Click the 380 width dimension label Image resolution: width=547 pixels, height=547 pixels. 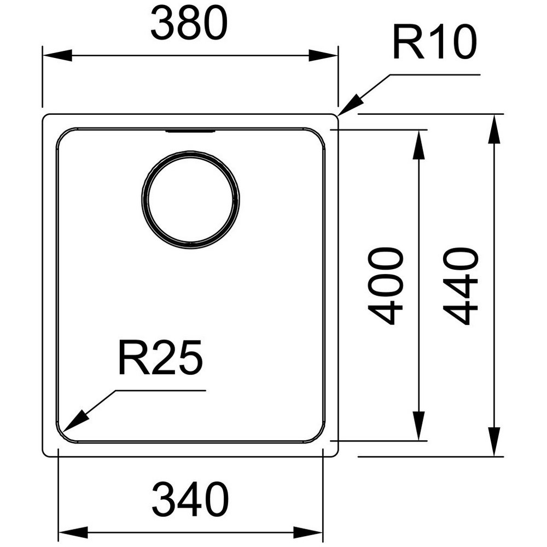coord(189,24)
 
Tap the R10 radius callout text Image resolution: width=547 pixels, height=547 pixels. coord(434,43)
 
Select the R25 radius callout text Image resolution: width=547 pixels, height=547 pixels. coord(160,358)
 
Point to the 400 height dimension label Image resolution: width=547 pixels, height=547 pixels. coord(386,286)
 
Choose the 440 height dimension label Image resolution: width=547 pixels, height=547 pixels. coord(461,286)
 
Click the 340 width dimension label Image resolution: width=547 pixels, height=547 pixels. coord(190,499)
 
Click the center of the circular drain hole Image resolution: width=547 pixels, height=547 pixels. coord(190,200)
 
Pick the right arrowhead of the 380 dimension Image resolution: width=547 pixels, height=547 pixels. coord(323,55)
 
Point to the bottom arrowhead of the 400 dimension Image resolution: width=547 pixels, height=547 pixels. coord(418,426)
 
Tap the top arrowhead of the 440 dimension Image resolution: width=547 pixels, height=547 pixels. coord(494,129)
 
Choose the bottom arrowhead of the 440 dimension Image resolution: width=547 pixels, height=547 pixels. coord(494,441)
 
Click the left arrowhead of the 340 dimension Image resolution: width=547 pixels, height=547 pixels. coord(73,532)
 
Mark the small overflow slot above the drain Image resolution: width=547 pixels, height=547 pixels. coord(190,131)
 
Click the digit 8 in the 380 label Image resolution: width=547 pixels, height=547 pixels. coord(190,24)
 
